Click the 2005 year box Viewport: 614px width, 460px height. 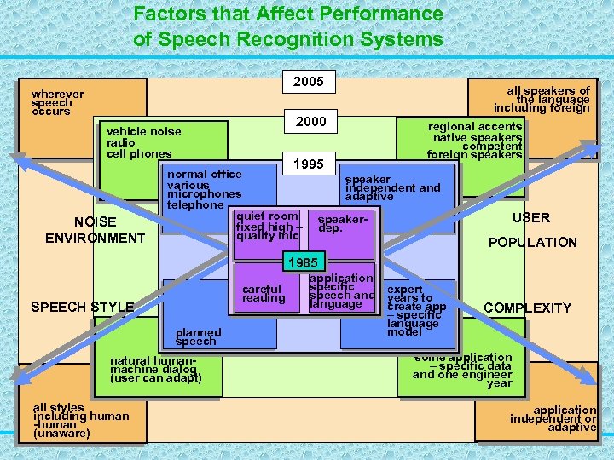click(308, 82)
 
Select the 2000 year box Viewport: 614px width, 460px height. click(310, 122)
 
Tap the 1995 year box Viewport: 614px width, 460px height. click(308, 164)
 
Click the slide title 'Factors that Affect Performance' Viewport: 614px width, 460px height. click(288, 14)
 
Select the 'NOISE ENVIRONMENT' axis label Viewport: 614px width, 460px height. click(95, 230)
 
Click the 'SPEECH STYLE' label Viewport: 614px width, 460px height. click(82, 307)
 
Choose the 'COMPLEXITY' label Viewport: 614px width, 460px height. click(527, 308)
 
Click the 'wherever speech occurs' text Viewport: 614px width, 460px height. click(57, 102)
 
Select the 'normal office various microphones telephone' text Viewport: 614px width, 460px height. click(205, 189)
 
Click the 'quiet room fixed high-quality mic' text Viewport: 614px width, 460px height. click(268, 227)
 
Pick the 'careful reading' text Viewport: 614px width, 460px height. click(264, 294)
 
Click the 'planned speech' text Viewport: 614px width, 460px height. click(198, 336)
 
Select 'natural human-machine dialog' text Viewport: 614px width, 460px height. click(156, 369)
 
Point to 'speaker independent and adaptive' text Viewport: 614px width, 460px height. click(392, 188)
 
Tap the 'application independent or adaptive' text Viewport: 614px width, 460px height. click(553, 418)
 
